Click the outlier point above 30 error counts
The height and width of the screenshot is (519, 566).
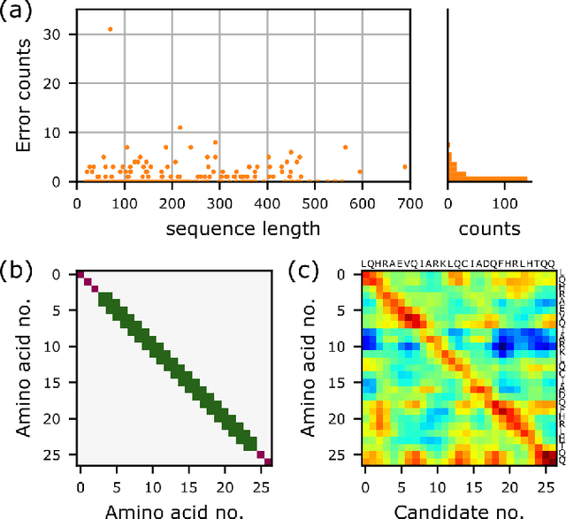(x=110, y=28)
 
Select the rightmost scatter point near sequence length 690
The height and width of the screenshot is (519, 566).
(x=405, y=166)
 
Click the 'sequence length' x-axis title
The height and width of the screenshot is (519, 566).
(x=241, y=229)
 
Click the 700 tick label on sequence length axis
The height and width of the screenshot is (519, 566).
(x=407, y=202)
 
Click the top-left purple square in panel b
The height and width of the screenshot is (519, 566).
(x=80, y=274)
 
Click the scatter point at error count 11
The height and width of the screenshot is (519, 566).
(x=180, y=127)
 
